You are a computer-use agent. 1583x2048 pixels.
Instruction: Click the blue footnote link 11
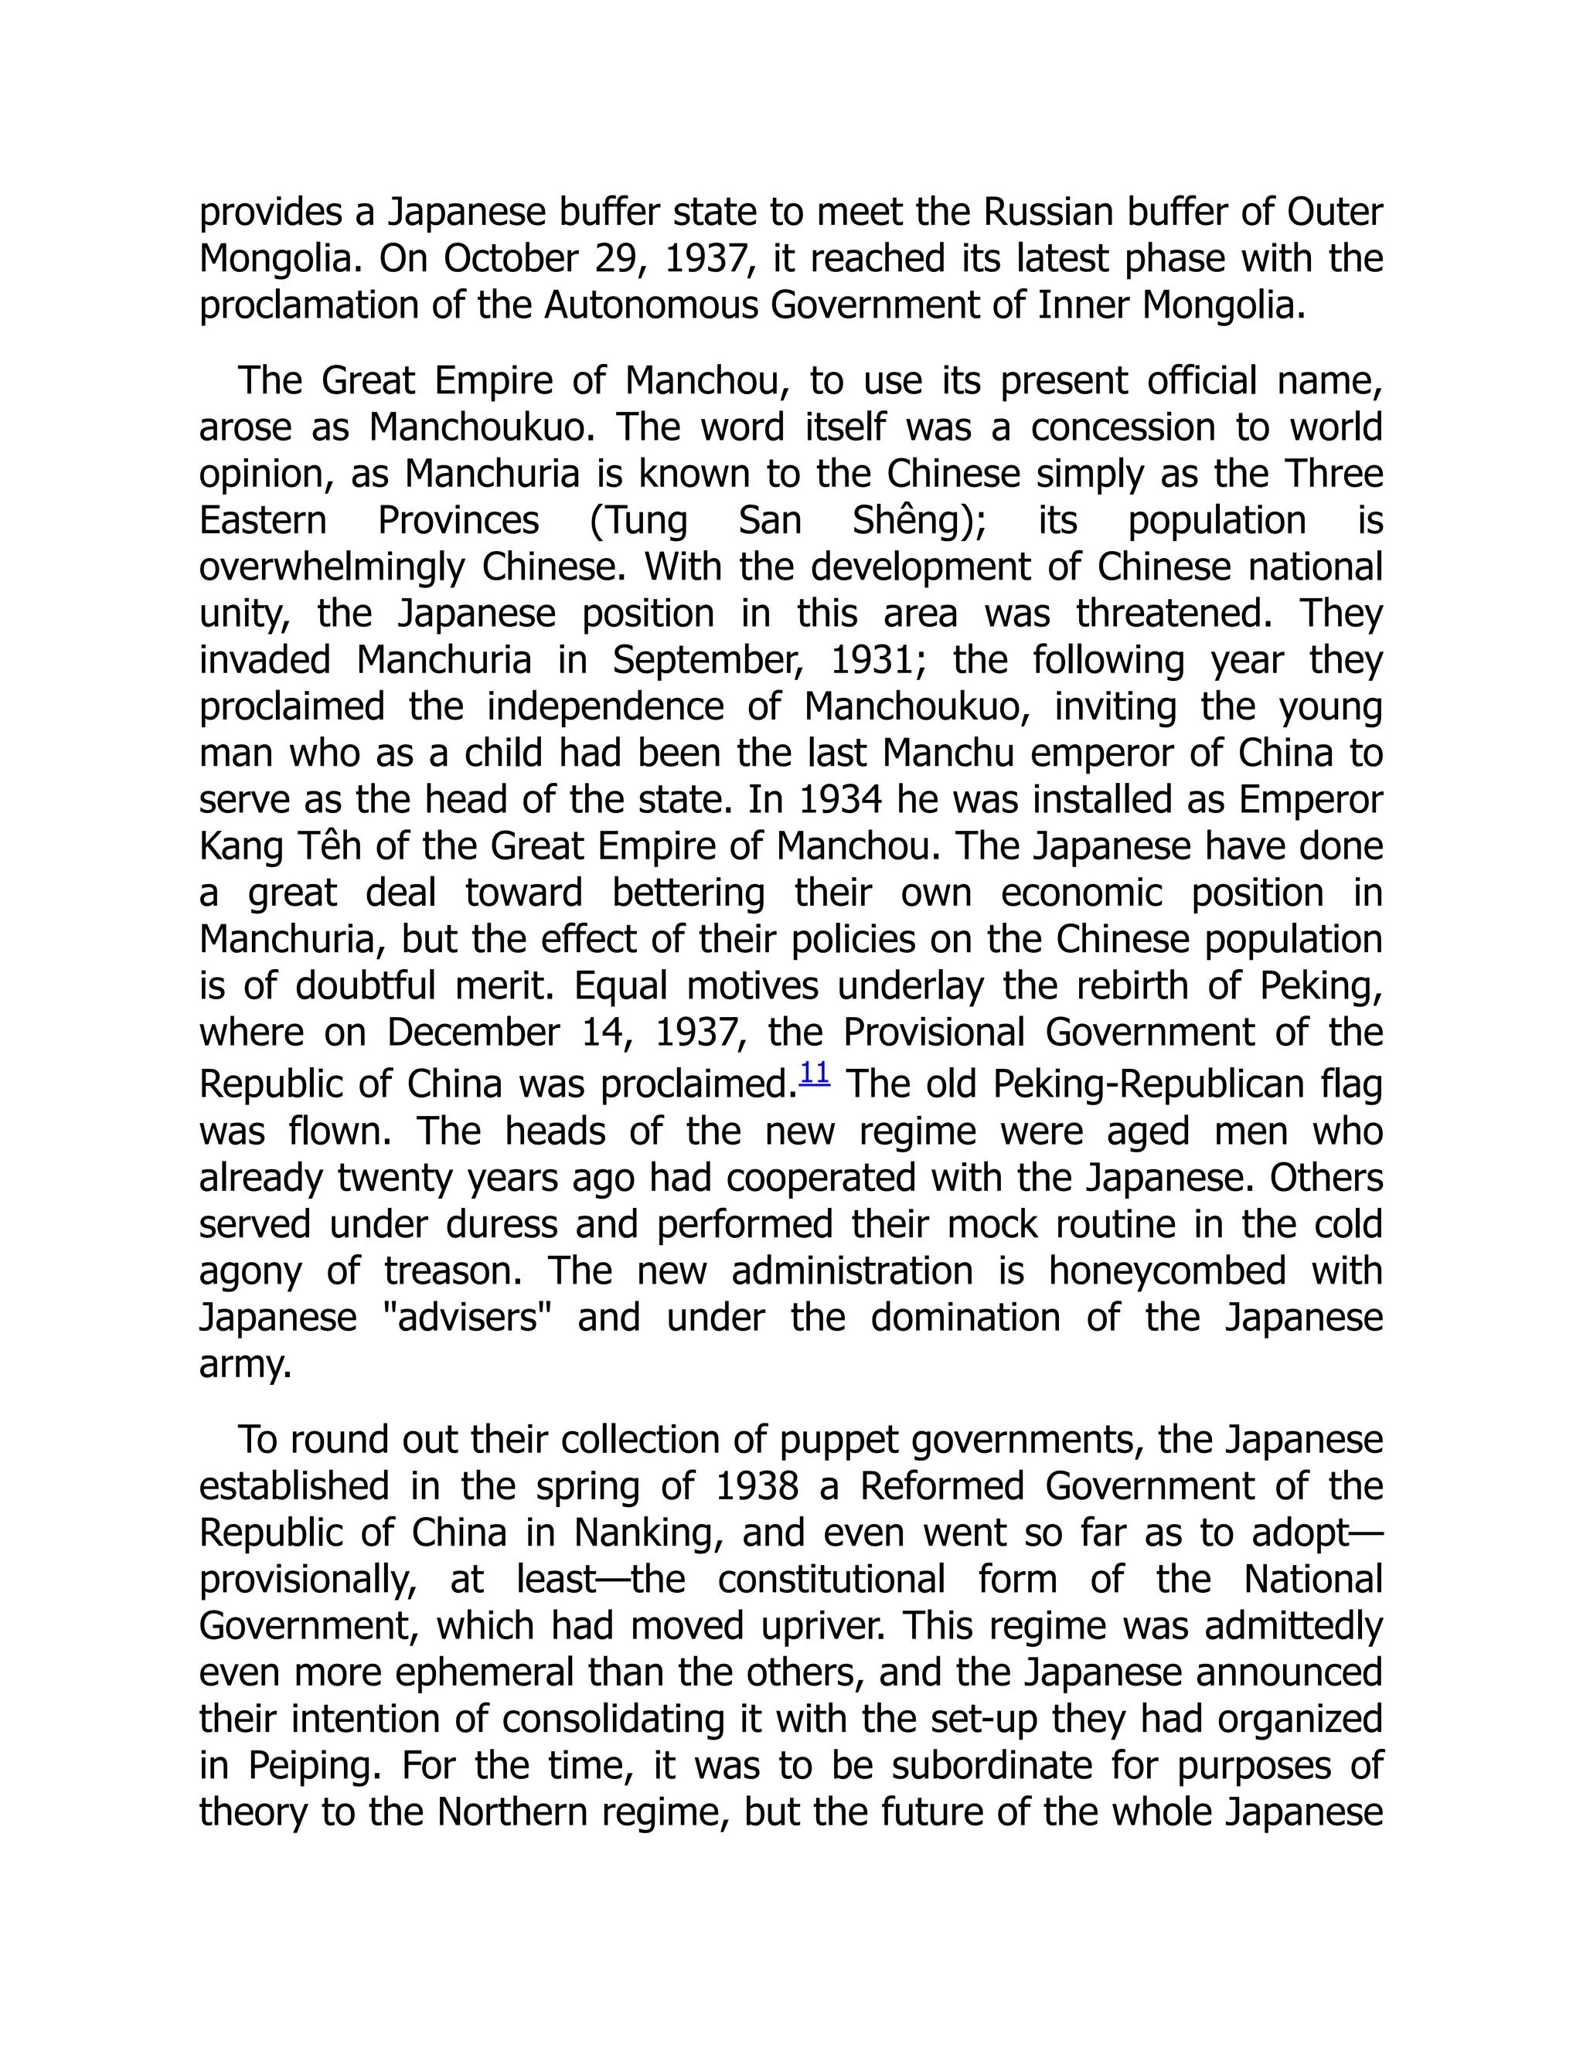tap(814, 1073)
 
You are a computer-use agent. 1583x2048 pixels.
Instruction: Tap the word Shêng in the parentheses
tap(913, 520)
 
